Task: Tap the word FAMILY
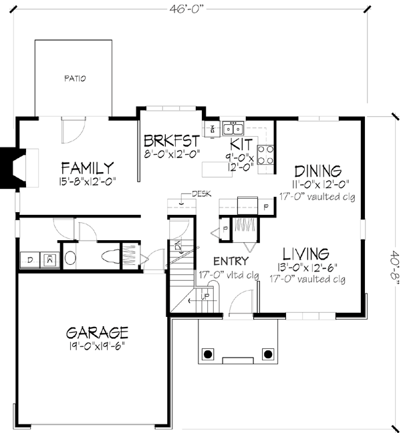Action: (x=87, y=167)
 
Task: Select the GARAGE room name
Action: (x=96, y=332)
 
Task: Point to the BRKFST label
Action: (x=172, y=141)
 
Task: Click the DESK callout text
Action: (x=200, y=194)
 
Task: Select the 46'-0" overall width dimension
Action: (x=190, y=9)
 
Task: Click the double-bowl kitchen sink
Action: (x=232, y=127)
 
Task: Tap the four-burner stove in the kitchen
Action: (x=265, y=154)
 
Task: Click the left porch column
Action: (x=208, y=353)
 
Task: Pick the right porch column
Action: (x=268, y=353)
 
